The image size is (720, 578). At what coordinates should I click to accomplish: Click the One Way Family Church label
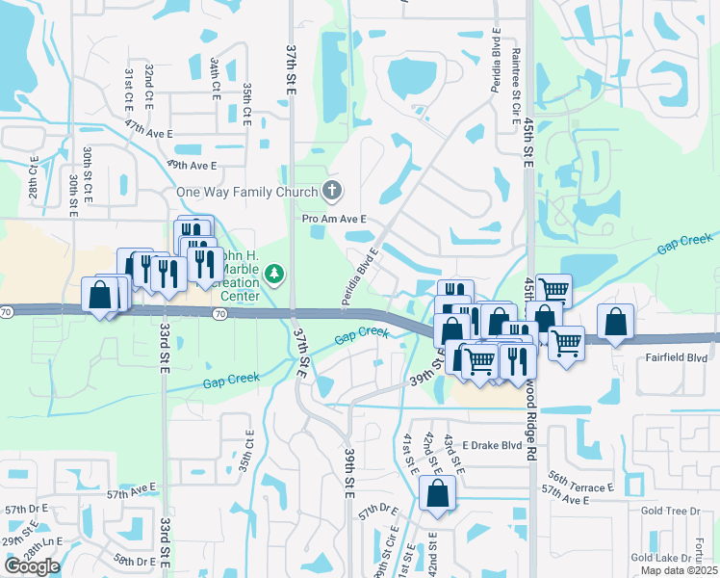[x=246, y=192]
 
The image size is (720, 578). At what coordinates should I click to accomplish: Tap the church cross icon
[x=332, y=190]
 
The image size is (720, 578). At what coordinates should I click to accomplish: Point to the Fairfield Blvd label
[x=678, y=357]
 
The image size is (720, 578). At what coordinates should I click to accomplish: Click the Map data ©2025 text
[x=678, y=570]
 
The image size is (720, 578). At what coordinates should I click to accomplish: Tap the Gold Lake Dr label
[x=661, y=558]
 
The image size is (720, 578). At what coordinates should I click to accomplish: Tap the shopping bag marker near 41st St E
[x=438, y=494]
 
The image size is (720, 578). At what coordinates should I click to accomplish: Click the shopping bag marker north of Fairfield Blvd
[x=615, y=323]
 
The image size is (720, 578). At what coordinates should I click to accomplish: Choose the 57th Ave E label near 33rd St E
[x=131, y=493]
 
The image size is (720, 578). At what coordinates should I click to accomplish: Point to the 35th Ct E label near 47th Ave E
[x=247, y=104]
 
